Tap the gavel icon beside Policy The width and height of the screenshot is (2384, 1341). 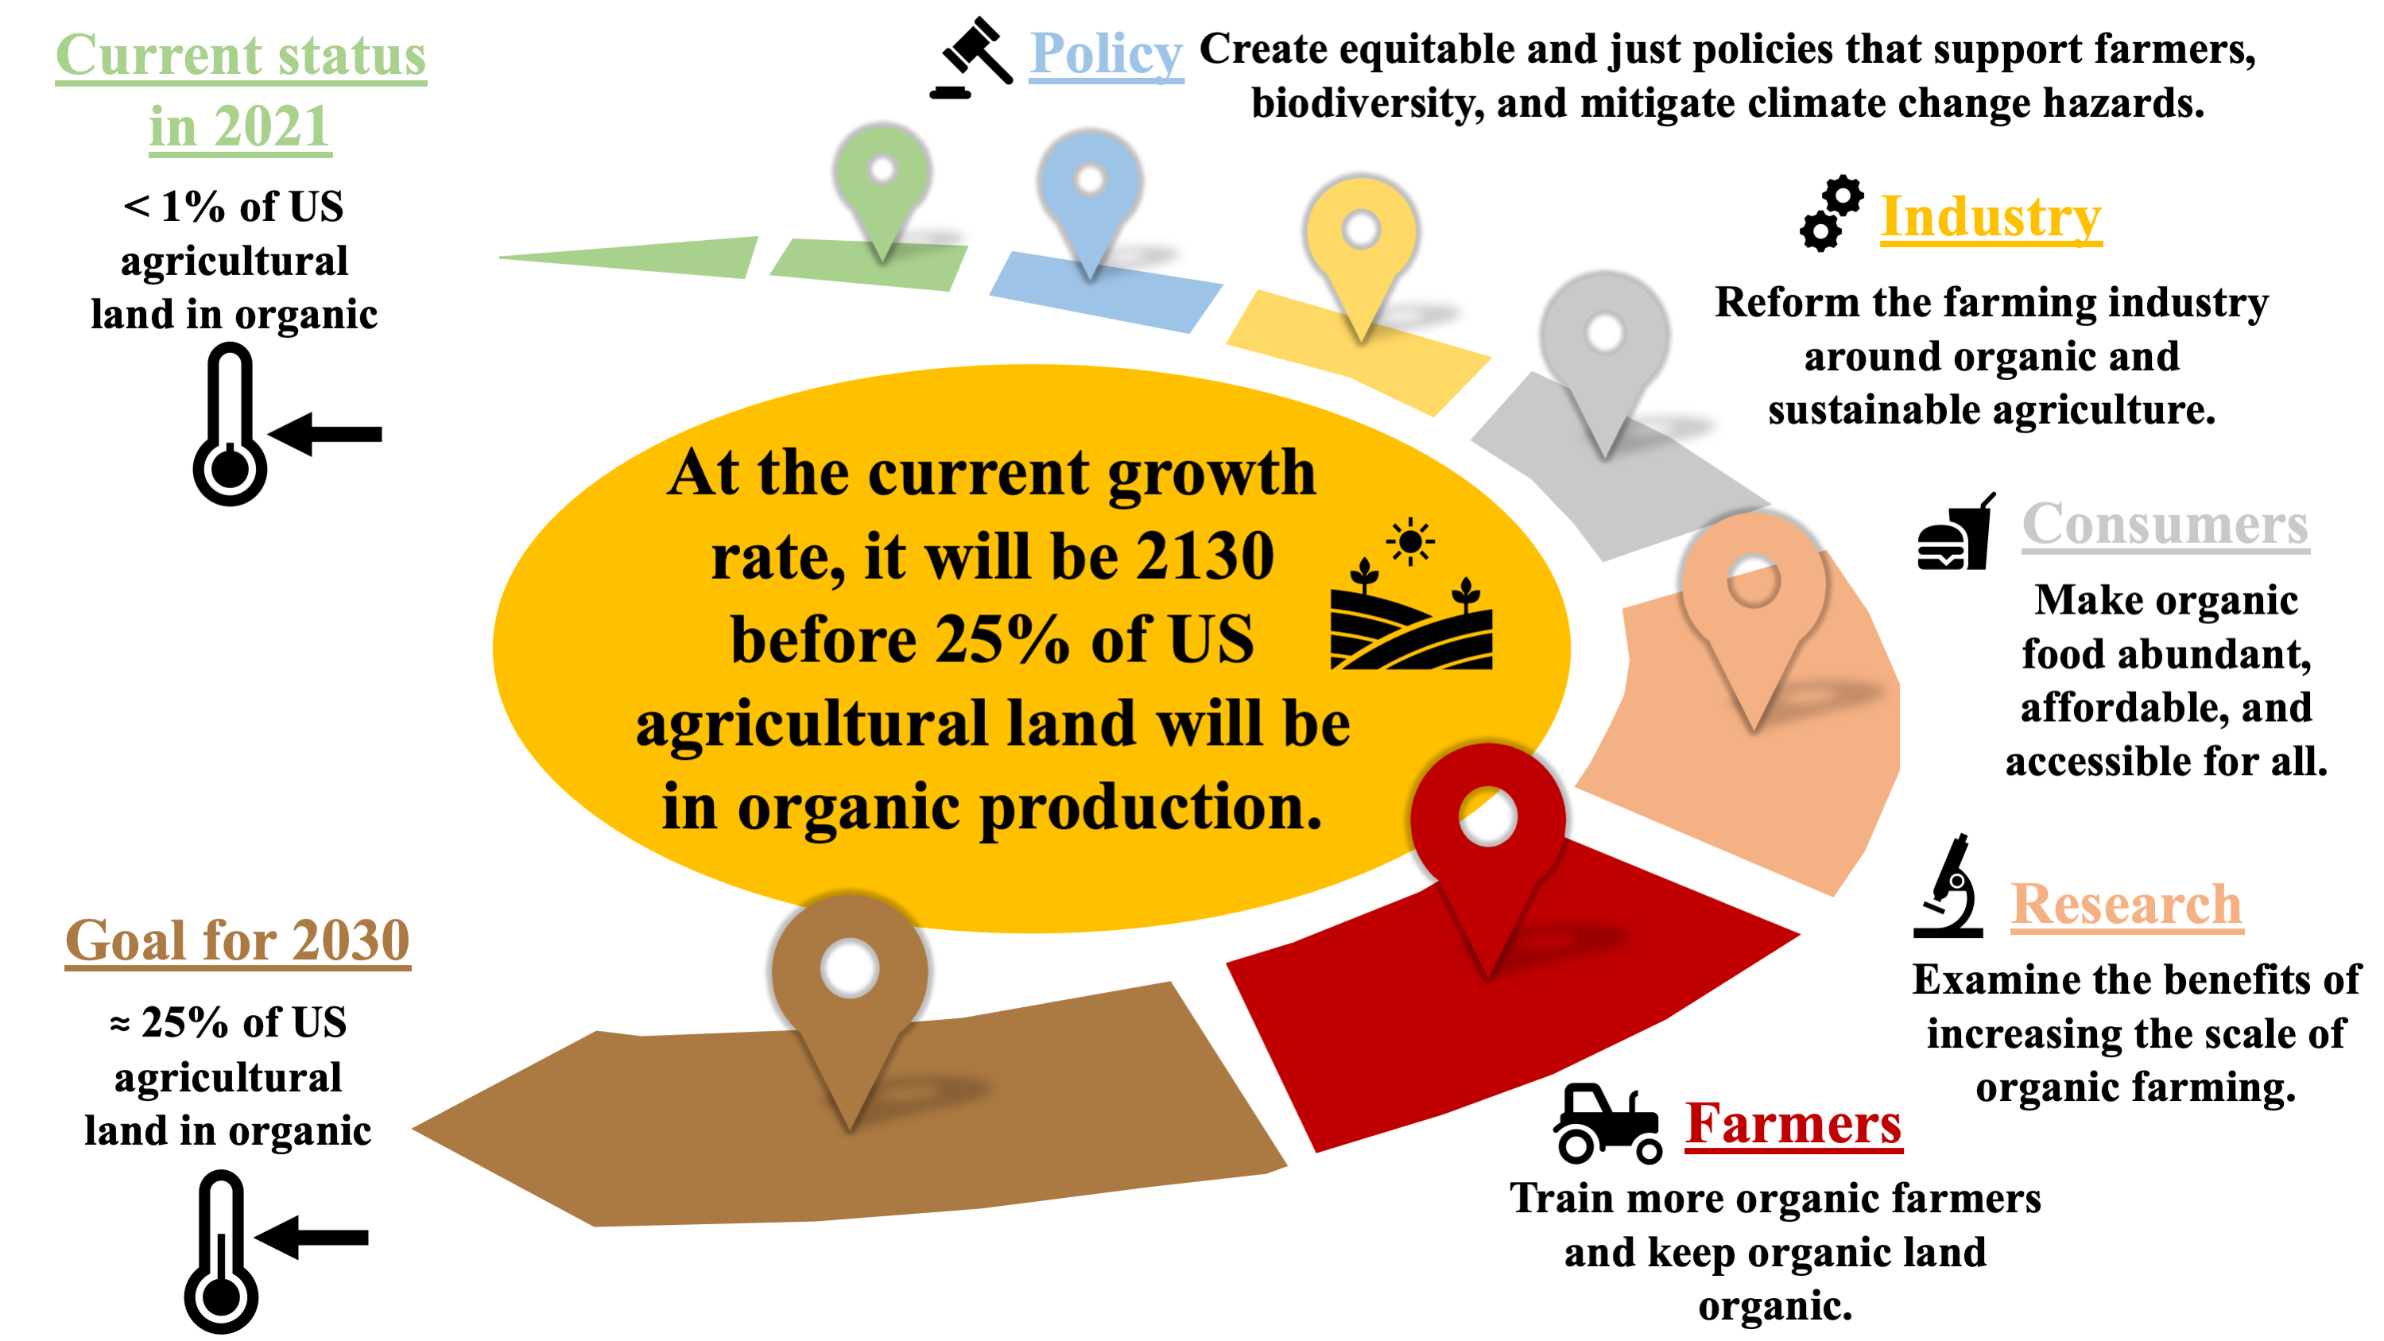pyautogui.click(x=971, y=57)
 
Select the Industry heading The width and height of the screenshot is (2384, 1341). pyautogui.click(x=1991, y=218)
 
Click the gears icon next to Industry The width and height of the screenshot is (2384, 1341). pyautogui.click(x=1832, y=213)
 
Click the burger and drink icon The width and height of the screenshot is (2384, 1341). pyautogui.click(x=1956, y=531)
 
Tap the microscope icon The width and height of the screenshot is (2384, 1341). pyautogui.click(x=1949, y=886)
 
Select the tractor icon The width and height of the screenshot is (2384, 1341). pyautogui.click(x=1607, y=1123)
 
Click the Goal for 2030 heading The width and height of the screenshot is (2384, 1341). pyautogui.click(x=238, y=940)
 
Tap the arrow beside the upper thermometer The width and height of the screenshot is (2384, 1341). pyautogui.click(x=325, y=433)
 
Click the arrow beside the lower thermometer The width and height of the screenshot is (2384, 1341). pyautogui.click(x=312, y=1238)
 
